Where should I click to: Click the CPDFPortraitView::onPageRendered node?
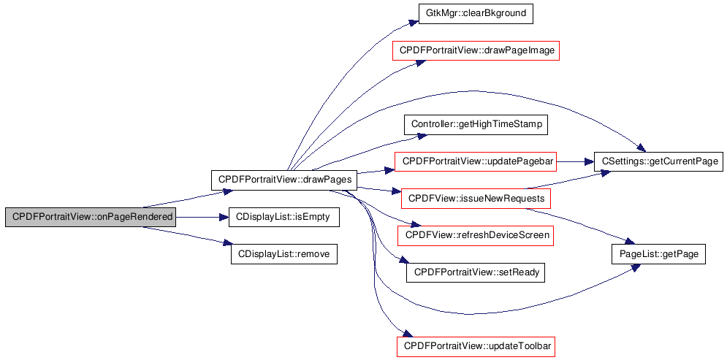(91, 217)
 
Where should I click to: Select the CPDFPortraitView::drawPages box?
(284, 180)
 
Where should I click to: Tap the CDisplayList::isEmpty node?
(284, 217)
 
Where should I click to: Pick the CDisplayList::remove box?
(284, 254)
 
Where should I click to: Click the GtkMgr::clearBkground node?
(476, 13)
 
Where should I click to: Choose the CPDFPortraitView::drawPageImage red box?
(476, 50)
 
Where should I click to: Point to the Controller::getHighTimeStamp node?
(476, 125)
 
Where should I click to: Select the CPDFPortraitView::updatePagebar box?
(476, 161)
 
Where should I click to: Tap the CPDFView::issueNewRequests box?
(476, 199)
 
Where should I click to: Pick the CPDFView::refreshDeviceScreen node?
(476, 235)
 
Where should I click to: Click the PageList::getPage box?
(659, 254)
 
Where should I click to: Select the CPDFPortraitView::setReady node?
(476, 272)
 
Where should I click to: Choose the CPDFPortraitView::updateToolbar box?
(476, 347)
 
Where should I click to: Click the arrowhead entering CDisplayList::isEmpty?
(225, 217)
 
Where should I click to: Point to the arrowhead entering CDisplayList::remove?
(227, 243)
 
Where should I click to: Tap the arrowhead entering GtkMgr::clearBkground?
(414, 22)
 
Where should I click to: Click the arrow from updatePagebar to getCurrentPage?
(575, 161)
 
